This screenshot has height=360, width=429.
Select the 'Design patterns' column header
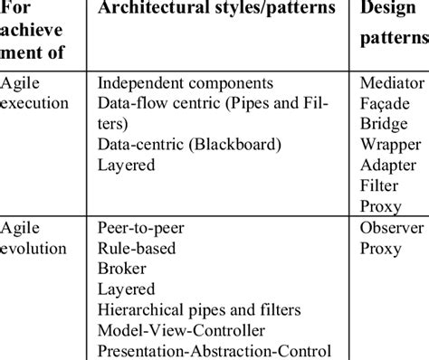395,25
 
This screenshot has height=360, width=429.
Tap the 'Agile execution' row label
36,93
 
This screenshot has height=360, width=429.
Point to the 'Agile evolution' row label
36,238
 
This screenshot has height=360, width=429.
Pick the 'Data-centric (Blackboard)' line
176,146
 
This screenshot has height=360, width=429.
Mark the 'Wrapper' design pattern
390,145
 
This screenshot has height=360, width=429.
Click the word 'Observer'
391,227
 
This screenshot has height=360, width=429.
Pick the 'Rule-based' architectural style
136,249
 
